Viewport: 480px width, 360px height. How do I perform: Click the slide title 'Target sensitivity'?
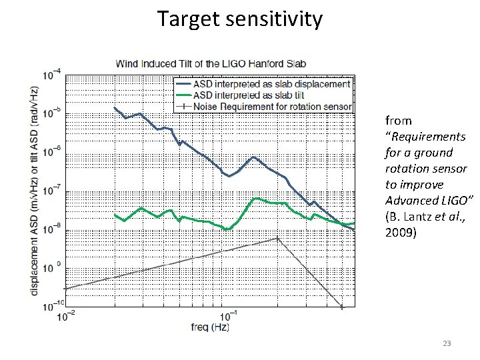click(240, 19)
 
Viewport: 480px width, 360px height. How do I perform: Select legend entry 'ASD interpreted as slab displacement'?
click(271, 85)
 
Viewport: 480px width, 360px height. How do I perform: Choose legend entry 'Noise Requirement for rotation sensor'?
click(272, 106)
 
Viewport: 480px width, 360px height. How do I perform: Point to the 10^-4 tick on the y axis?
click(53, 73)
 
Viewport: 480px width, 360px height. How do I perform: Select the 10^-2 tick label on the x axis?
click(65, 315)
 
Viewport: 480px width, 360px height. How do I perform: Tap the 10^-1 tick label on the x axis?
click(227, 315)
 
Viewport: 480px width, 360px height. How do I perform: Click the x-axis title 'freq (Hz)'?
click(208, 328)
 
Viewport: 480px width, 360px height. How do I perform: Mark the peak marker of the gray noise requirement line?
click(278, 238)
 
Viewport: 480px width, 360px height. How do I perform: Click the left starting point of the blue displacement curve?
click(115, 108)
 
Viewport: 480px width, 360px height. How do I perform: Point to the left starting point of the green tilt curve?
click(115, 215)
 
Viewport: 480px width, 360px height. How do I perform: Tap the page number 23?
click(447, 343)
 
